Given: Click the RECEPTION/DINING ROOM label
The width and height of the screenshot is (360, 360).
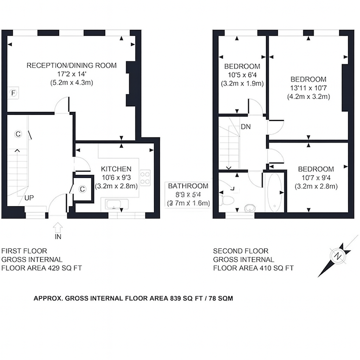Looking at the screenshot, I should coord(72,65).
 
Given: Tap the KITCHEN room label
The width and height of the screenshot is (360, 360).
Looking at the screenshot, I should coord(116,169).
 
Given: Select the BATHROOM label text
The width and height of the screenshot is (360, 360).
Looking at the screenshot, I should coord(188,186).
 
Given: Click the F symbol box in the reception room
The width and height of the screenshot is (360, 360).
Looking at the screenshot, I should coord(13,93).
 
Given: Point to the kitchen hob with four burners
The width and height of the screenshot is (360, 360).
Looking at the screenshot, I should coord(145,178).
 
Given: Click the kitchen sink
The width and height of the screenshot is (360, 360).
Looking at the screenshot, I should coord(114,204).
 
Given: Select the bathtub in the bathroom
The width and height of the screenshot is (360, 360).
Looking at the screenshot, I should coord(274,192).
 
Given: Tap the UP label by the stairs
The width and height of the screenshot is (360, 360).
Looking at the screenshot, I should coord(29,198).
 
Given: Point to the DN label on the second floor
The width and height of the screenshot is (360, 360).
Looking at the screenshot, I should coord(246,127).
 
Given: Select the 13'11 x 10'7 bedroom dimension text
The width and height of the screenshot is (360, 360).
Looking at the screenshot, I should coord(308,88).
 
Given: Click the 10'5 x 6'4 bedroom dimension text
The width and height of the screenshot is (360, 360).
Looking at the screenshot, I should coord(242,75).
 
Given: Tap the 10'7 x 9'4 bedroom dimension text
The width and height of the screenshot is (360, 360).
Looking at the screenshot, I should coord(315,178).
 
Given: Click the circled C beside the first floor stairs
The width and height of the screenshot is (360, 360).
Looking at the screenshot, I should coord(18,134).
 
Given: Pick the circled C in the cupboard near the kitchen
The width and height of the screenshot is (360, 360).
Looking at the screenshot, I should coord(82,189).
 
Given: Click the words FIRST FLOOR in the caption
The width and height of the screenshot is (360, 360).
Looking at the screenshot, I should coord(24,251).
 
